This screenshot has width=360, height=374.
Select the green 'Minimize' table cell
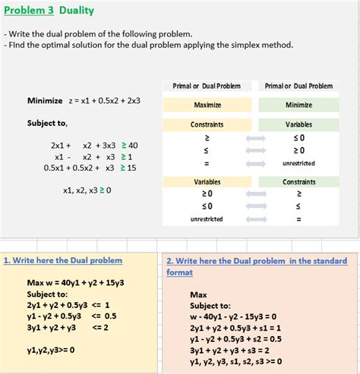[298, 105]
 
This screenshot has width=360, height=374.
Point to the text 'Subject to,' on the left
[47, 122]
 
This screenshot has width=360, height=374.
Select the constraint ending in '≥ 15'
[90, 168]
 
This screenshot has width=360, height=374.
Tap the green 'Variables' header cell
[298, 124]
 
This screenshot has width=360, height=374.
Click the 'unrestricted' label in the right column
[298, 162]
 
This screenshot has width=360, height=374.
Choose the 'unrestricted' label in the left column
[207, 219]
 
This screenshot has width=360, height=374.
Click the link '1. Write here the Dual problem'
[63, 260]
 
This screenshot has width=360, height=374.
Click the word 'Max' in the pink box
[198, 294]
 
